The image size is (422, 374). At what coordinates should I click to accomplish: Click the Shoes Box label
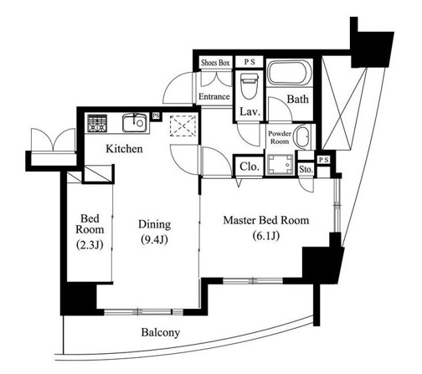coord(215,63)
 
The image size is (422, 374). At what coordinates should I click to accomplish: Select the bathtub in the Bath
coord(290,73)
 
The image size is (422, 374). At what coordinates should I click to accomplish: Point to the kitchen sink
coord(135,123)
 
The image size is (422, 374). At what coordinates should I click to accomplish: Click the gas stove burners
coord(97,123)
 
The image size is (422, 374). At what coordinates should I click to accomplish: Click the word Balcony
coord(161,332)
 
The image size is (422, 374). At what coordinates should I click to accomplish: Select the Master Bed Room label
coord(266,220)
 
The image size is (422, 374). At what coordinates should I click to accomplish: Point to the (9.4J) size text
coord(154,239)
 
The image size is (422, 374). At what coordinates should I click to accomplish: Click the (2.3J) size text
coord(90,244)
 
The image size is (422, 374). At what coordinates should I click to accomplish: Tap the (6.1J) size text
coord(266,236)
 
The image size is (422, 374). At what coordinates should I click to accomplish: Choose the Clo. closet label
coord(250,167)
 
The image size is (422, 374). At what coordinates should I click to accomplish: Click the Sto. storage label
coord(306,169)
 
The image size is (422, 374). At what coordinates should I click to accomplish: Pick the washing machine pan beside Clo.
coord(280,165)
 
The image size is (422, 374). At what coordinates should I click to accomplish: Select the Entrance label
coord(214,96)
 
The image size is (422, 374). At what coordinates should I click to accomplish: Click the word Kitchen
coord(124,149)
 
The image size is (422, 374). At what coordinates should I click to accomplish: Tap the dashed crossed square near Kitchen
coord(183,126)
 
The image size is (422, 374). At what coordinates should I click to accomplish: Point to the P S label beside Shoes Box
coord(250,62)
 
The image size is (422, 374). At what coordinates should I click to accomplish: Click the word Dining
coord(154,225)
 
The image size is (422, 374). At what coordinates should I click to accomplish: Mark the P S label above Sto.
coord(324,160)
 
